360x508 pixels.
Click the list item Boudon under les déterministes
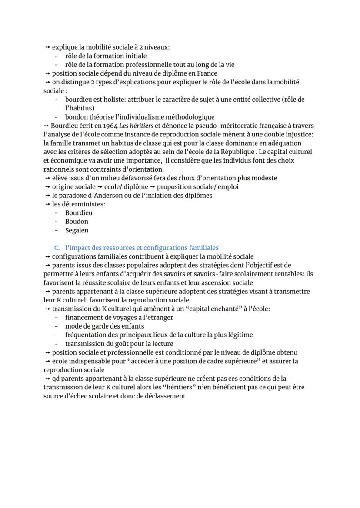(x=77, y=222)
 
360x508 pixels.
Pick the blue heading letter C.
(x=57, y=248)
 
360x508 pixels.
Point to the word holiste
(x=105, y=100)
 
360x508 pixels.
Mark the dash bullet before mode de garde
(x=57, y=326)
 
